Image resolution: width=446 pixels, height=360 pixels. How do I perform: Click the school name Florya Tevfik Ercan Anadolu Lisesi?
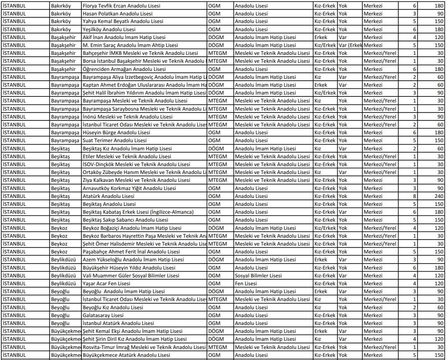(122, 6)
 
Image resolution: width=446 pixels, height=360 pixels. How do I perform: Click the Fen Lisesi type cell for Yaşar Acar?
(246, 283)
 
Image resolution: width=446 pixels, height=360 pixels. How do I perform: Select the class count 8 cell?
(414, 196)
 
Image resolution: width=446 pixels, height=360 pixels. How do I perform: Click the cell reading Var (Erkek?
(350, 45)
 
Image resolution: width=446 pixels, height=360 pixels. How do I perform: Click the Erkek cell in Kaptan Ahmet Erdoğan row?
(320, 85)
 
